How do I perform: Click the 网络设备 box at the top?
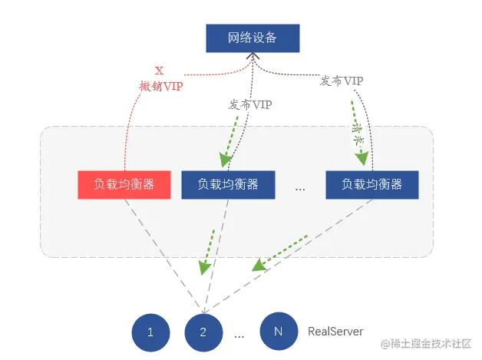253,38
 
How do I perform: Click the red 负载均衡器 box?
124,184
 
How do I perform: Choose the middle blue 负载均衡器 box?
227,184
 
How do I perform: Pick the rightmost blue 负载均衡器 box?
371,184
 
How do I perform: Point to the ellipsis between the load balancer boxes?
300,187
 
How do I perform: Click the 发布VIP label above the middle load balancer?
250,104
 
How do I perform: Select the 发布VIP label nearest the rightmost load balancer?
342,81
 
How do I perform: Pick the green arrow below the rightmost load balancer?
280,253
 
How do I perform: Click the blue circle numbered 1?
150,332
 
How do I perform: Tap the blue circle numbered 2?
203,332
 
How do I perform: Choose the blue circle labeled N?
278,332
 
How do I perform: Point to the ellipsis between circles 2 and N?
239,335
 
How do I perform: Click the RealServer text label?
335,332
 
